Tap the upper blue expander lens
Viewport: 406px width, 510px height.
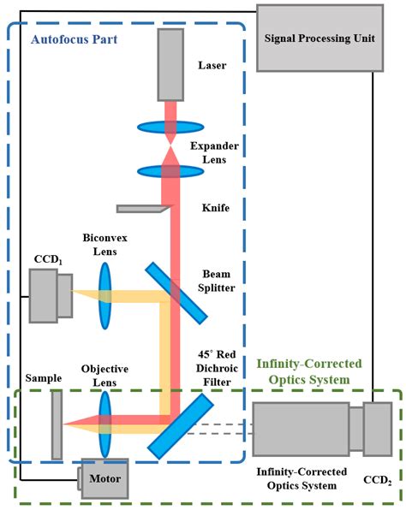[x=172, y=127]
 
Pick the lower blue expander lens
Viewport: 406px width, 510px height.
[x=172, y=169]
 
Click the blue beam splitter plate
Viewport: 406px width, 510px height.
[x=176, y=292]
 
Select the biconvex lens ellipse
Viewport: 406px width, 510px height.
[x=106, y=295]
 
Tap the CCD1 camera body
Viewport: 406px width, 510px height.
[x=44, y=295]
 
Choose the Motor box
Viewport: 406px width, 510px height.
[x=104, y=478]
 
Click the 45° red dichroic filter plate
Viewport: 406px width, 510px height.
[x=180, y=424]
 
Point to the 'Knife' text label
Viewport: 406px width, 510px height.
[x=214, y=207]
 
